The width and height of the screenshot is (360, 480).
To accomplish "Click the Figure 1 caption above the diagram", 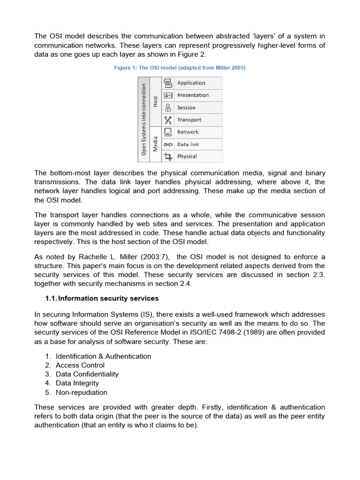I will [180, 68].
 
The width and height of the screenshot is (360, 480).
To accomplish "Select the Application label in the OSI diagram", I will [191, 83].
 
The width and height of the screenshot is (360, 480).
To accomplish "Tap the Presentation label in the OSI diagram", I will [193, 95].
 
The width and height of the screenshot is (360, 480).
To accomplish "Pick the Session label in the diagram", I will [186, 107].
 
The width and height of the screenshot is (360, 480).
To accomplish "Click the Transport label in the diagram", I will [189, 120].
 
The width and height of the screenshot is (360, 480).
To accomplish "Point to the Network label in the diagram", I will [187, 132].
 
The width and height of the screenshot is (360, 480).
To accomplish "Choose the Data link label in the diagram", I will [188, 144].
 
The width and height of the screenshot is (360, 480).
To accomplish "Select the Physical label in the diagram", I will [187, 157].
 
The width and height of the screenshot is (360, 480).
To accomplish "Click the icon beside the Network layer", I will [168, 132].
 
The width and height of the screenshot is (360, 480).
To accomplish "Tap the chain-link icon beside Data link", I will [168, 144].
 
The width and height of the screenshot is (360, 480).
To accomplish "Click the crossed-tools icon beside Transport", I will [168, 120].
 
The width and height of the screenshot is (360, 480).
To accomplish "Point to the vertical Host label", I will [155, 101].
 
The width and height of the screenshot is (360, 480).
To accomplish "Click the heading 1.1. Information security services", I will [102, 298].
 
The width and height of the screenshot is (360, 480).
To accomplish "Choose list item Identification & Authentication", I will [103, 356].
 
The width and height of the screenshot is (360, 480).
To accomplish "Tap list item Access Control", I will [80, 365].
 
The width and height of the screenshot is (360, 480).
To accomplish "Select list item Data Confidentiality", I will [87, 374].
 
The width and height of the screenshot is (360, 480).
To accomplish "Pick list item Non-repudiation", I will [81, 392].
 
